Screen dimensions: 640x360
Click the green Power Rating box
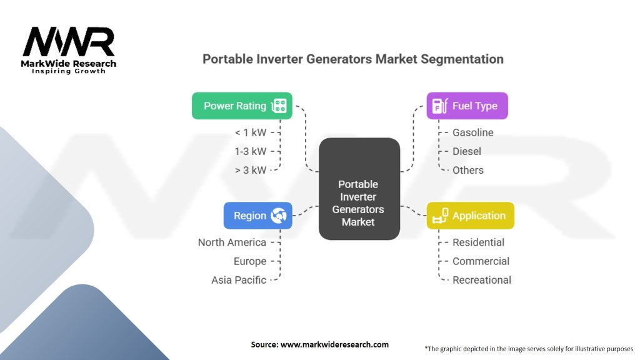pyautogui.click(x=242, y=106)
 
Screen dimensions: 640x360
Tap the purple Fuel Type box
pyautogui.click(x=467, y=106)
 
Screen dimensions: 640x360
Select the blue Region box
pyautogui.click(x=258, y=216)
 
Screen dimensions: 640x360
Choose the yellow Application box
pyautogui.click(x=470, y=216)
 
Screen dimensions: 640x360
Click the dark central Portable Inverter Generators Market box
pyautogui.click(x=359, y=189)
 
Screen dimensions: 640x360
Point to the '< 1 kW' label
pyautogui.click(x=251, y=132)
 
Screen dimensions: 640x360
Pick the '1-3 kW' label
pyautogui.click(x=251, y=151)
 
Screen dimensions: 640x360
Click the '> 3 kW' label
pyautogui.click(x=251, y=170)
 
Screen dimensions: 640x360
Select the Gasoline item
pyautogui.click(x=472, y=132)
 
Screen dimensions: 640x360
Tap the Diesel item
pyautogui.click(x=466, y=151)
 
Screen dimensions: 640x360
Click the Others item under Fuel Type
pyautogui.click(x=467, y=170)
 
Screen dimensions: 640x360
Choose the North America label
pyautogui.click(x=232, y=242)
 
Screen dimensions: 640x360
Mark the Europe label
pyautogui.click(x=250, y=261)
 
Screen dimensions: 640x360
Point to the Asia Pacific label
pyautogui.click(x=239, y=280)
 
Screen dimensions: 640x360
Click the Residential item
pyautogui.click(x=478, y=242)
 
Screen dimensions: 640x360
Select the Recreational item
pyautogui.click(x=482, y=280)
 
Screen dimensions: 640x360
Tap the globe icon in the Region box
pyautogui.click(x=278, y=216)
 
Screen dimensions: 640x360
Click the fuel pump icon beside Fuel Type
pyautogui.click(x=440, y=106)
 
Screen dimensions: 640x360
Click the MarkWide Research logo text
pyautogui.click(x=69, y=64)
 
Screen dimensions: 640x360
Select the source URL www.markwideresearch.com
pyautogui.click(x=334, y=344)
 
